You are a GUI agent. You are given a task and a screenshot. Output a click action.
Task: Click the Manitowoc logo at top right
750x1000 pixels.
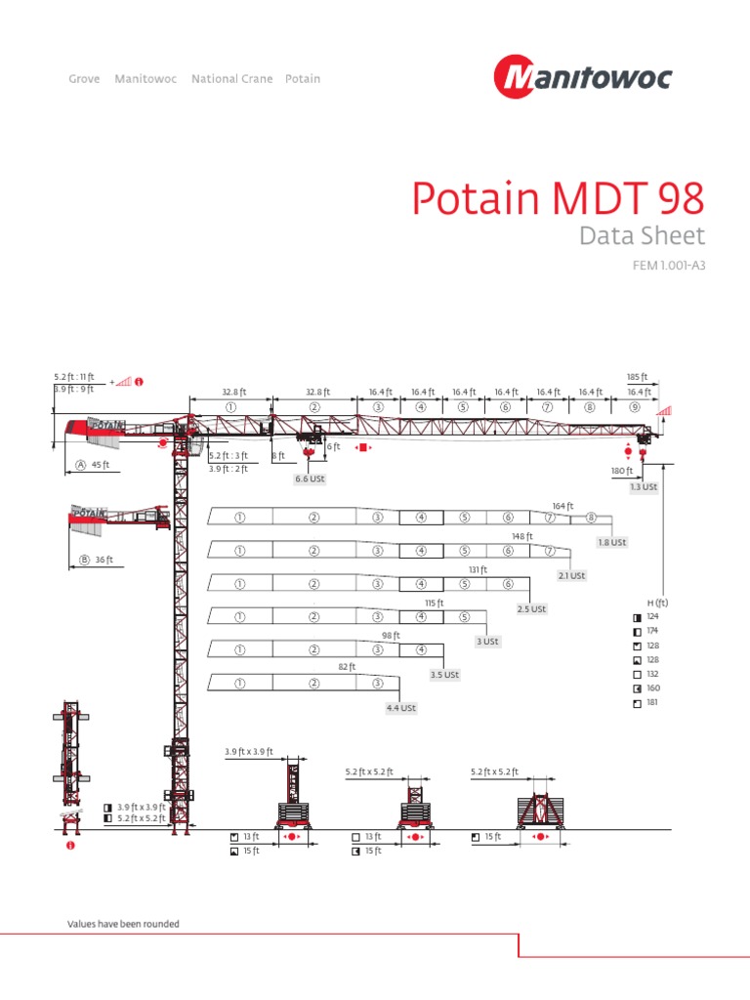point(582,77)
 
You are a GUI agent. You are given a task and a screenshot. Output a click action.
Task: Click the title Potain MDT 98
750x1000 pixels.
point(557,199)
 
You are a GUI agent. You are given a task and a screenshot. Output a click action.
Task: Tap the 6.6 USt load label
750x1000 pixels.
point(309,479)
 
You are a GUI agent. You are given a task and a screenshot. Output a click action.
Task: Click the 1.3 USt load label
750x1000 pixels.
point(644,486)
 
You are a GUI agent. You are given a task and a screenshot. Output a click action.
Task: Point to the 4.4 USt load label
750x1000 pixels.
point(401,708)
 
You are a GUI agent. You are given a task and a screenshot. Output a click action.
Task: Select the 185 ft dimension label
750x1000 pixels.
point(637,376)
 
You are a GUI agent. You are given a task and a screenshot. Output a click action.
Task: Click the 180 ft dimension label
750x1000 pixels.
point(621,471)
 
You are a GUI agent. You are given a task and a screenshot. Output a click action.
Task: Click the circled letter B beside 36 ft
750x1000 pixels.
point(84,560)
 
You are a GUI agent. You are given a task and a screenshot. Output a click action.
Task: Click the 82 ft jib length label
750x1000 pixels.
point(347,667)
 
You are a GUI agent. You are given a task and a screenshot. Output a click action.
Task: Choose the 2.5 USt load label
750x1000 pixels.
point(532,609)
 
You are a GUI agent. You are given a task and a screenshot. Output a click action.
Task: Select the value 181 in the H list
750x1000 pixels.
point(652,702)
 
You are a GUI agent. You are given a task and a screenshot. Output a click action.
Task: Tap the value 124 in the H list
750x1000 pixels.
point(652,617)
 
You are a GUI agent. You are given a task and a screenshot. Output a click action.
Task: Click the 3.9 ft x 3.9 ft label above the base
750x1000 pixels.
point(249,752)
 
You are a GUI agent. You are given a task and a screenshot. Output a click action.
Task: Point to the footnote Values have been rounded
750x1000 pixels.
point(123,924)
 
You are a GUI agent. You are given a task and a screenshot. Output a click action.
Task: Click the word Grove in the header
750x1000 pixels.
point(84,79)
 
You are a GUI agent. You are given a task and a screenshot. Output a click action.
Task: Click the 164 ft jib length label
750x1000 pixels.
point(562,506)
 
